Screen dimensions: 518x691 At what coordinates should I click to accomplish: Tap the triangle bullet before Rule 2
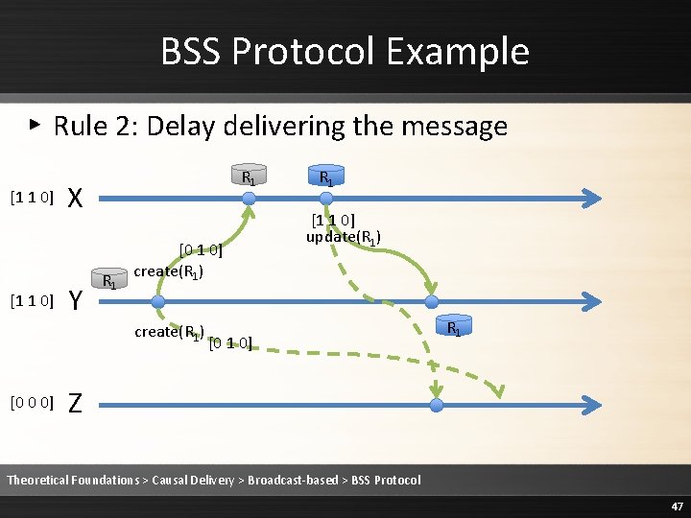point(36,124)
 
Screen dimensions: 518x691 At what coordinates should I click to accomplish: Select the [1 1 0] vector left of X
point(32,198)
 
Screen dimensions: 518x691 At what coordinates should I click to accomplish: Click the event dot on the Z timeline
point(437,405)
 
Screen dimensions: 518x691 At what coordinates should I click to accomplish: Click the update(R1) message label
point(344,237)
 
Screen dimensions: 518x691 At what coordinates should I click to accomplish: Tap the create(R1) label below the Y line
point(170,333)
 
